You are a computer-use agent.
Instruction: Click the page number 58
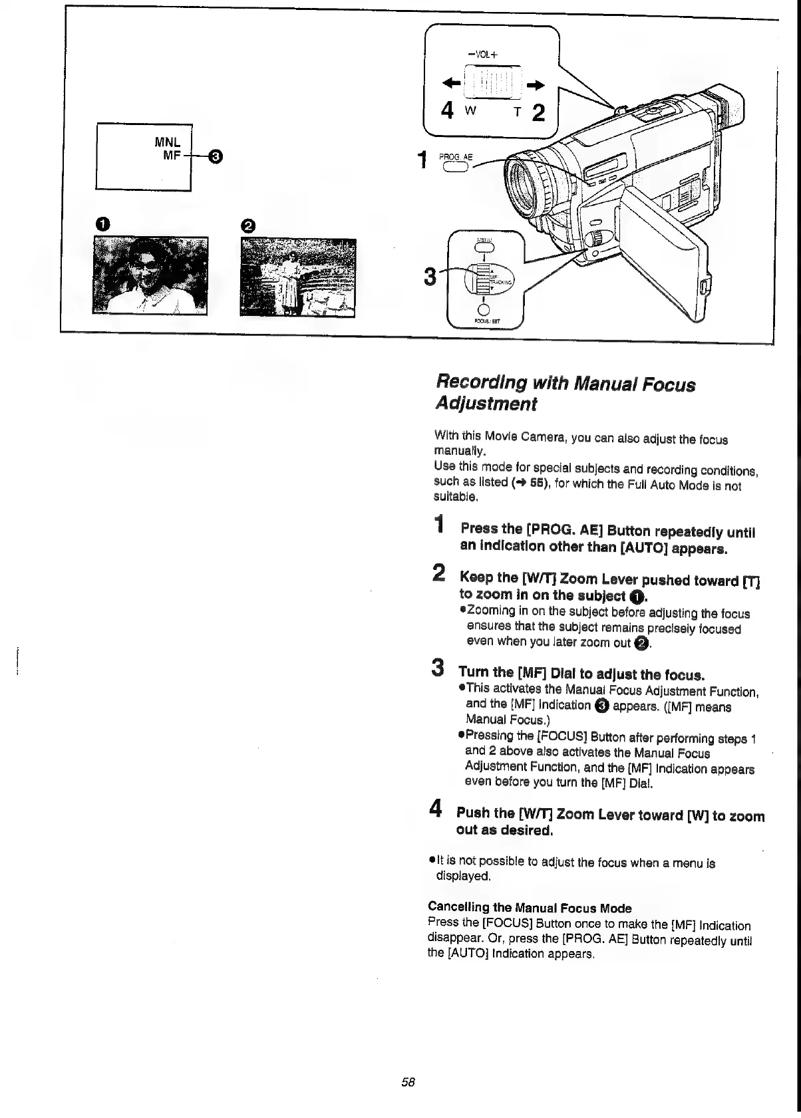click(408, 1081)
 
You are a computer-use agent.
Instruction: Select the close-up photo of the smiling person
click(150, 275)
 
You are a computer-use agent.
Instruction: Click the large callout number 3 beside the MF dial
click(430, 276)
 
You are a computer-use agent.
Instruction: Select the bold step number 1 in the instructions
click(439, 525)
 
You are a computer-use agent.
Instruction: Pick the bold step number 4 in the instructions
click(436, 809)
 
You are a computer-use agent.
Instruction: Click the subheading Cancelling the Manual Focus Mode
click(530, 908)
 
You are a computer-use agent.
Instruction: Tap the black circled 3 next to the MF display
click(216, 157)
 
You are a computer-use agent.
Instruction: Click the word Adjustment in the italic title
click(486, 404)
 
